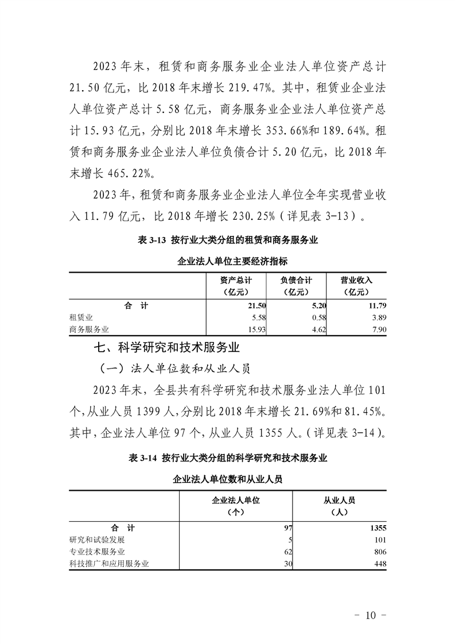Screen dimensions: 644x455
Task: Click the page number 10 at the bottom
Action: click(x=370, y=615)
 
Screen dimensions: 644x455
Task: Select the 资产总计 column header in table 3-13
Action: click(x=235, y=286)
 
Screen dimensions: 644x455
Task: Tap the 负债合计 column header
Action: click(x=296, y=286)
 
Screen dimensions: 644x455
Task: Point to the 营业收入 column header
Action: click(x=357, y=286)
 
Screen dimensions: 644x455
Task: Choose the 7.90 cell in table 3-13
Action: click(x=379, y=329)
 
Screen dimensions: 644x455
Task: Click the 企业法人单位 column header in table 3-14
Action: click(x=236, y=506)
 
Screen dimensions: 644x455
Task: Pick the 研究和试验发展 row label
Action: click(x=96, y=540)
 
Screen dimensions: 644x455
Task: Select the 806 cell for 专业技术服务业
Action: click(x=379, y=552)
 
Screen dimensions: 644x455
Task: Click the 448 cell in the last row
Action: click(x=379, y=564)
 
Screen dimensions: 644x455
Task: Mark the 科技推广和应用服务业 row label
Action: click(x=109, y=564)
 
